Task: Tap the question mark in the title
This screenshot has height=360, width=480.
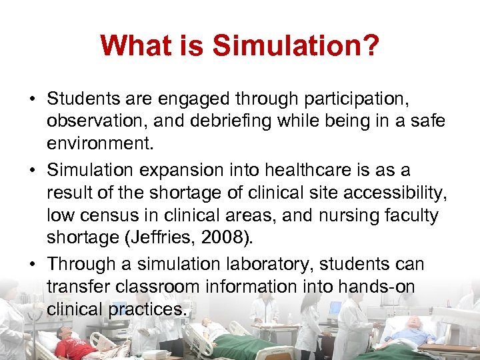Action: (371, 46)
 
